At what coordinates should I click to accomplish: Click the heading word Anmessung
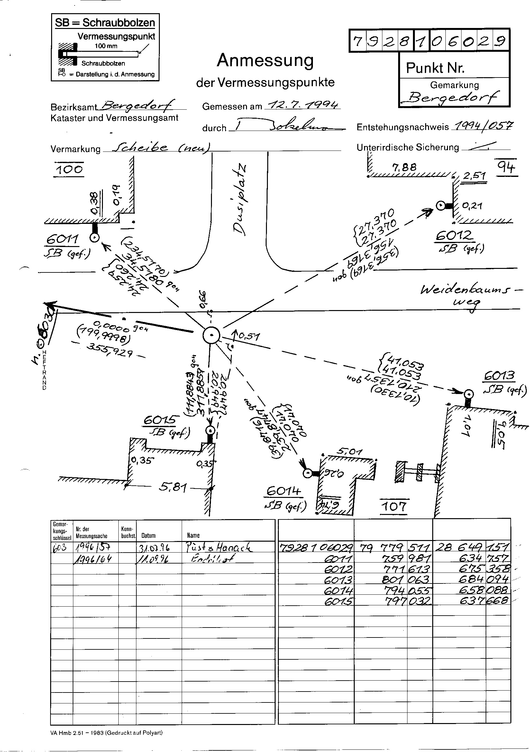[265, 60]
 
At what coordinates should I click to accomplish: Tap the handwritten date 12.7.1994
[303, 105]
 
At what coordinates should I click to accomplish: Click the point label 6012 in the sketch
[454, 235]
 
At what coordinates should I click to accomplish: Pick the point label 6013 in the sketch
[499, 376]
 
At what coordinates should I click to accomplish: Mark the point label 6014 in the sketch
[283, 491]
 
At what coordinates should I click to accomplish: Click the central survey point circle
[211, 335]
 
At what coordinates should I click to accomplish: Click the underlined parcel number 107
[394, 507]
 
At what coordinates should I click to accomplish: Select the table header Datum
[148, 536]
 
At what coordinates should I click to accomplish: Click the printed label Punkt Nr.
[435, 68]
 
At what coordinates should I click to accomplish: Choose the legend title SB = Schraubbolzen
[105, 23]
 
